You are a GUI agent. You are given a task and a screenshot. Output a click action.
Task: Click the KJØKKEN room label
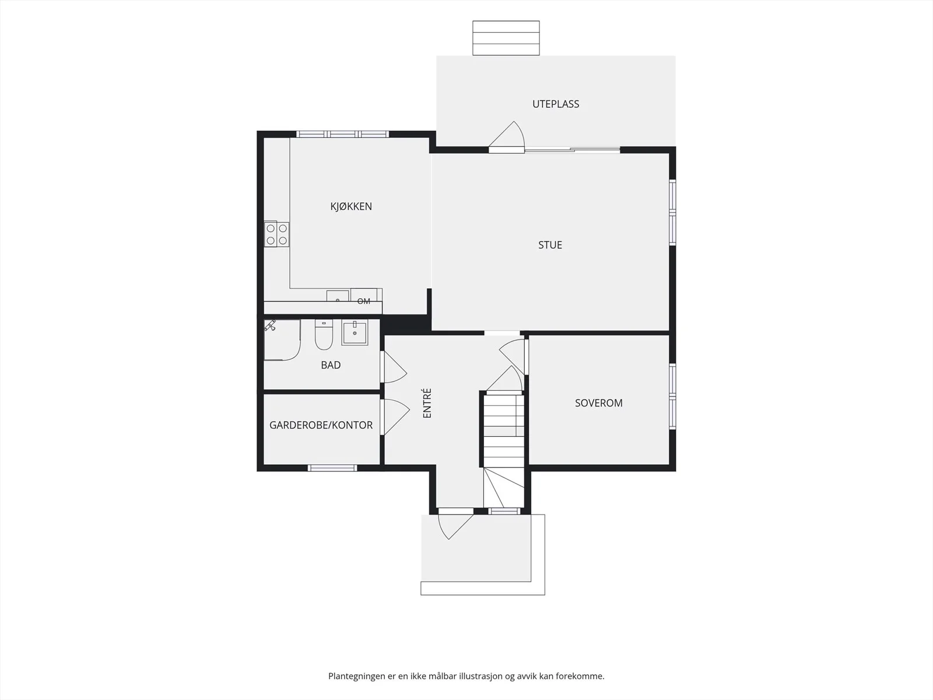click(351, 206)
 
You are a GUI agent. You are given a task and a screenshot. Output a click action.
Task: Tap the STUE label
click(550, 245)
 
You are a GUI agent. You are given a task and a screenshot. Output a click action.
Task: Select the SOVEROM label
click(598, 403)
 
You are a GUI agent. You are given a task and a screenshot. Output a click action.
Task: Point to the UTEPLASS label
click(556, 104)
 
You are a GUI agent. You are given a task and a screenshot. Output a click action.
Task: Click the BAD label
click(331, 365)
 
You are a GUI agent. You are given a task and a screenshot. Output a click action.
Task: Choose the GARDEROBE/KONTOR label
click(321, 425)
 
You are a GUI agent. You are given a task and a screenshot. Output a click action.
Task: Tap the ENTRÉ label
click(427, 403)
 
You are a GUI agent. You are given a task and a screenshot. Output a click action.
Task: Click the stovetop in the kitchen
click(276, 234)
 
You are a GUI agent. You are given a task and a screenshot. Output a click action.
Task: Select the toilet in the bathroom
click(324, 334)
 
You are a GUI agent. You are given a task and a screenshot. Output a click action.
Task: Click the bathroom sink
click(355, 332)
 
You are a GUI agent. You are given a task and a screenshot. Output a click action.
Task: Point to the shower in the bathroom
click(282, 340)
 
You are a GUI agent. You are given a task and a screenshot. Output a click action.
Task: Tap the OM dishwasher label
click(363, 302)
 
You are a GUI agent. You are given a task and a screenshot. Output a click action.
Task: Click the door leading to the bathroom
click(394, 367)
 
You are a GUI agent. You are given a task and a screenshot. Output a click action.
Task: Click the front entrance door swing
click(455, 524)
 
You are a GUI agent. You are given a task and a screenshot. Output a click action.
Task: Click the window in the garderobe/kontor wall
click(332, 468)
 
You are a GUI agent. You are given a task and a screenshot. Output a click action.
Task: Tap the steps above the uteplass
click(506, 38)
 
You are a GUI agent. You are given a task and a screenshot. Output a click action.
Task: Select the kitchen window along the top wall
click(343, 134)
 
